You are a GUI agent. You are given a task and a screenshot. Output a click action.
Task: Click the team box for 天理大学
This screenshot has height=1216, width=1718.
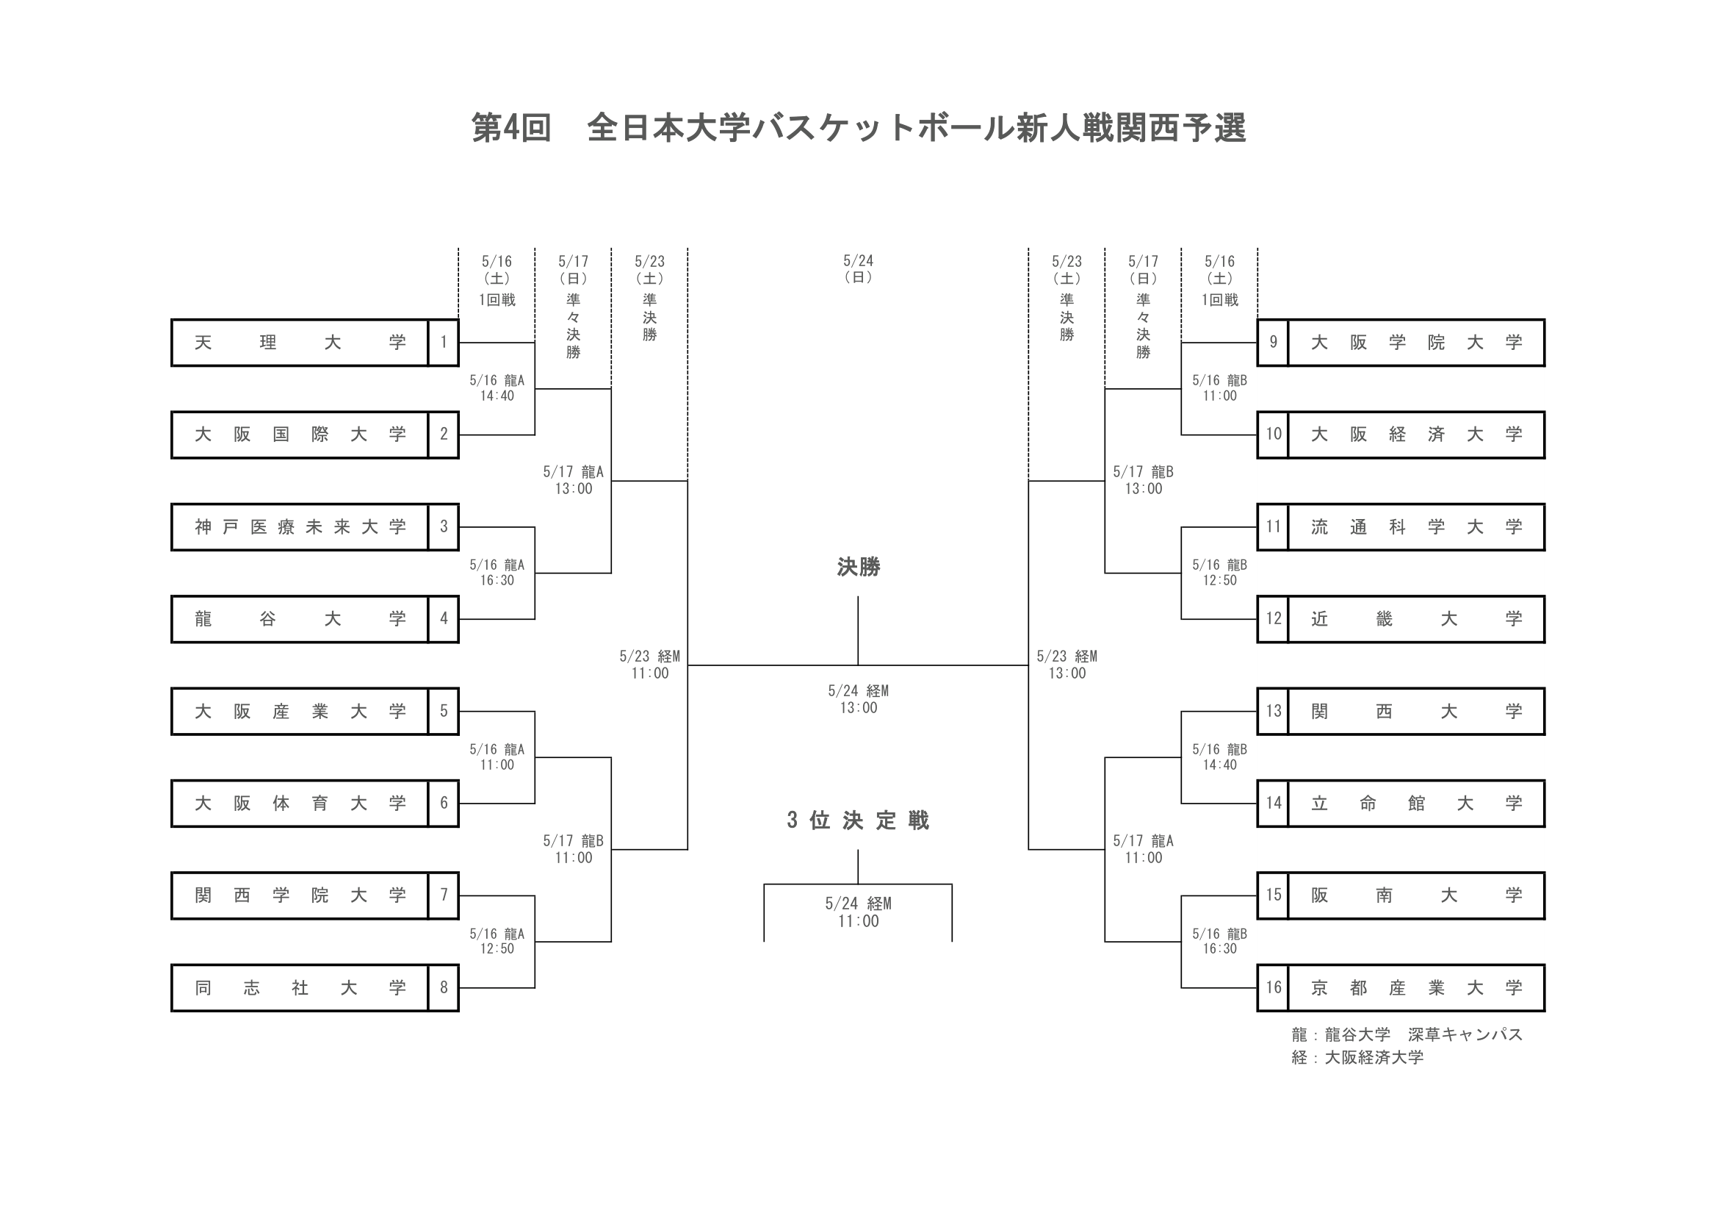click(x=299, y=343)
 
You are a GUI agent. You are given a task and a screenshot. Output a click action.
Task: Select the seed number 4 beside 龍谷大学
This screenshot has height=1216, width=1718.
click(x=444, y=619)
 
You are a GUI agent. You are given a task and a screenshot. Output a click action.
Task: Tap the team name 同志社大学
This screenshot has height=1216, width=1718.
click(x=299, y=988)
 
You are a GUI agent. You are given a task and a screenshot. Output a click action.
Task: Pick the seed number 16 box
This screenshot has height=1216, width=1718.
click(x=1273, y=988)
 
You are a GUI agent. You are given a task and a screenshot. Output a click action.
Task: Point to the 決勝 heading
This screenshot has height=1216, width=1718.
click(x=858, y=568)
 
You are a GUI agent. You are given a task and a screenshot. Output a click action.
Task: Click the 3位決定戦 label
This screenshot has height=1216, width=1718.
click(x=858, y=820)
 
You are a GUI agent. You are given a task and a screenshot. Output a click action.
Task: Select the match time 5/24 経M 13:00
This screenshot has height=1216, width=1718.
click(x=858, y=699)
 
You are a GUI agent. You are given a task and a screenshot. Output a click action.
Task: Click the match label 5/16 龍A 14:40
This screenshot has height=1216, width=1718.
click(x=497, y=389)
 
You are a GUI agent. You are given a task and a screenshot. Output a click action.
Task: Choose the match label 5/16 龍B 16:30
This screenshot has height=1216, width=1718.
click(x=1220, y=941)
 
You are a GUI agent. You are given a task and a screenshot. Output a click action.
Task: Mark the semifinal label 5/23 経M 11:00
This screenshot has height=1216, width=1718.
click(x=649, y=665)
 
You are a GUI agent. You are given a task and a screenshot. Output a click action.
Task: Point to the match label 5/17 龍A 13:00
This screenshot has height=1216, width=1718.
click(x=573, y=480)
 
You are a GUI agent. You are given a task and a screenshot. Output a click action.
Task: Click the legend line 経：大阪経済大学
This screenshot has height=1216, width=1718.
click(x=1357, y=1057)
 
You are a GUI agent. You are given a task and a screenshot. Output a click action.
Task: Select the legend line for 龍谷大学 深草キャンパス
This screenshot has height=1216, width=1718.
click(x=1407, y=1035)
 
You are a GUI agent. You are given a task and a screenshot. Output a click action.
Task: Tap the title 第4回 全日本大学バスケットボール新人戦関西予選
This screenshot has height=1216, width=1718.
click(x=858, y=128)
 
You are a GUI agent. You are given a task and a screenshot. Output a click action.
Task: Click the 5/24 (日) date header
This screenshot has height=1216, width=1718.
click(x=858, y=268)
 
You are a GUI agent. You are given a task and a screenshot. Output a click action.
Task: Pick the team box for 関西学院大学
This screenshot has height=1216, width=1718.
click(x=299, y=895)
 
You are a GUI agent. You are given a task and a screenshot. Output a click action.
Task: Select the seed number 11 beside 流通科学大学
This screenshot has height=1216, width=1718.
click(x=1273, y=527)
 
